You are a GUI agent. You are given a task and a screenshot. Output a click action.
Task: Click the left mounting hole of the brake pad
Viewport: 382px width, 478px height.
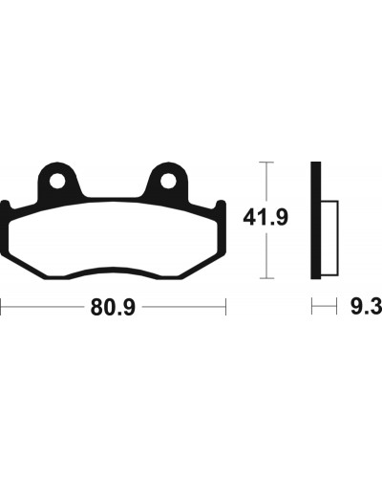[x=57, y=181]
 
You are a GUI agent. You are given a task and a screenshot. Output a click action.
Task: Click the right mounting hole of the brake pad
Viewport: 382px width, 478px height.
[x=168, y=181]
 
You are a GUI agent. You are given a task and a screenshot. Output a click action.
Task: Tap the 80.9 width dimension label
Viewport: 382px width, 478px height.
[x=113, y=307]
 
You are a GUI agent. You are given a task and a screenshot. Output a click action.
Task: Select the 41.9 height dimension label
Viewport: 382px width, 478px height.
[x=265, y=218]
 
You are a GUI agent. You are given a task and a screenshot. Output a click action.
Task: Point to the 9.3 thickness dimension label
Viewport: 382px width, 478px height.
[x=366, y=307]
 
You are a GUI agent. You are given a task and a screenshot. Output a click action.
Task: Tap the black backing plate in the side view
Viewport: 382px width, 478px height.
[x=316, y=221]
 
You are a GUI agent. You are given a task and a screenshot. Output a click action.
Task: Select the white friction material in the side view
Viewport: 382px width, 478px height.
[x=329, y=238]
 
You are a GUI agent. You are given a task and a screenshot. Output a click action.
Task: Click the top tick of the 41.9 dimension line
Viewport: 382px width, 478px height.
[x=266, y=163]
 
